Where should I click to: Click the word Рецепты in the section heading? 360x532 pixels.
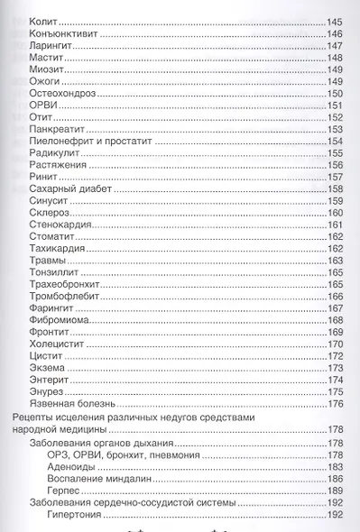[32, 419]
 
